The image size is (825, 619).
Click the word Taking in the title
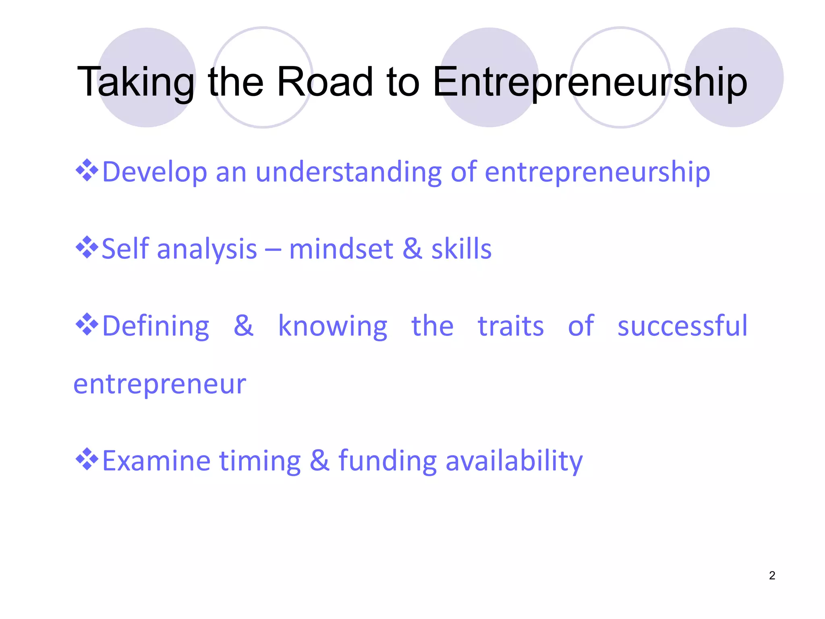coord(135,83)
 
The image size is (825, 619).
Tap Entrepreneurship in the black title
coord(590,83)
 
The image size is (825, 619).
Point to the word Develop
coord(155,172)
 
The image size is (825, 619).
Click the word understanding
coord(348,172)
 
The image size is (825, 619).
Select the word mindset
coord(341,249)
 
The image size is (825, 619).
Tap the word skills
coord(461,249)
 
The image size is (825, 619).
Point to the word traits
coord(511,326)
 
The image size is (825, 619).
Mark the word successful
coord(682,326)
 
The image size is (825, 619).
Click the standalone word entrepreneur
coord(160,384)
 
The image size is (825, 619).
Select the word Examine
coord(156,461)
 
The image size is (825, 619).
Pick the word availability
coord(514,461)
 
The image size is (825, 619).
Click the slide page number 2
coord(772,575)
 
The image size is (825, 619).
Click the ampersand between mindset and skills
coord(412,249)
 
